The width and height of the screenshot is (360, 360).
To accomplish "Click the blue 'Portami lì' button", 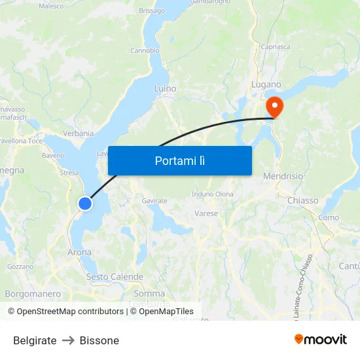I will point(180,160).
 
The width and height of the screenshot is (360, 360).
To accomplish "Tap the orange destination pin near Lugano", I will point(273,107).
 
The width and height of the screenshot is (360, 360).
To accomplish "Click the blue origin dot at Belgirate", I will point(85,204).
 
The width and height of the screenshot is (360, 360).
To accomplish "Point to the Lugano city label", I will point(266,84).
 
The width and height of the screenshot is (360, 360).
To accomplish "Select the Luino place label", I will point(165,88).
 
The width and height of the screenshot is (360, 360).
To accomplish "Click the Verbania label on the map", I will point(79,134).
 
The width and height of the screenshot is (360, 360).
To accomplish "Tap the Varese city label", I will point(206,213).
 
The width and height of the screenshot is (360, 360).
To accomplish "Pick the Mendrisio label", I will point(283,177).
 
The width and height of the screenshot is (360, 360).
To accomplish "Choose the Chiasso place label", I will point(302,200).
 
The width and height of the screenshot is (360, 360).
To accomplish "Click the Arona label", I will point(80,252).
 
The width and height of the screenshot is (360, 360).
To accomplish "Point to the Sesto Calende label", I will point(115,277).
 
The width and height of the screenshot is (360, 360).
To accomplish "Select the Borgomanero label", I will point(33,294).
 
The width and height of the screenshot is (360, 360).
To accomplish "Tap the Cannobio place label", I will point(145,50).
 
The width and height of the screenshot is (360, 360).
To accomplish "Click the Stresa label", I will point(69,173).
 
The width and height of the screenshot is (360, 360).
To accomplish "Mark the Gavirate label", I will point(154,200).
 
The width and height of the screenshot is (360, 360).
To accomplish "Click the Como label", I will point(329,217).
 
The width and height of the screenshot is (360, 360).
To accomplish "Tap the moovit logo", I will point(320,339).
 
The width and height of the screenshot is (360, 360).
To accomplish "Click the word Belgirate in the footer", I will point(35,340).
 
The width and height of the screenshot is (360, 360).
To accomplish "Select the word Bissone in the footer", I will point(99,340).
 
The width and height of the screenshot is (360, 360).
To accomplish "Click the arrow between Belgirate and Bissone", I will point(68,340).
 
